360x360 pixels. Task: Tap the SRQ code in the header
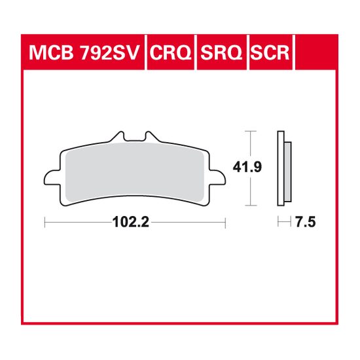(221, 53)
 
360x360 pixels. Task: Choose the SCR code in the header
(268, 53)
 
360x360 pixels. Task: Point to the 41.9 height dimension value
(252, 168)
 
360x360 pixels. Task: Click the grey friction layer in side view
(287, 168)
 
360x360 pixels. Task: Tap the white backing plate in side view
(281, 168)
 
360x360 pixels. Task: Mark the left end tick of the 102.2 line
(45, 223)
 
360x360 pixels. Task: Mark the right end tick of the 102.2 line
(225, 223)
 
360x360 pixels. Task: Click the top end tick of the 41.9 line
(249, 131)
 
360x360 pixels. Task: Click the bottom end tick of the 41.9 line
(249, 205)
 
